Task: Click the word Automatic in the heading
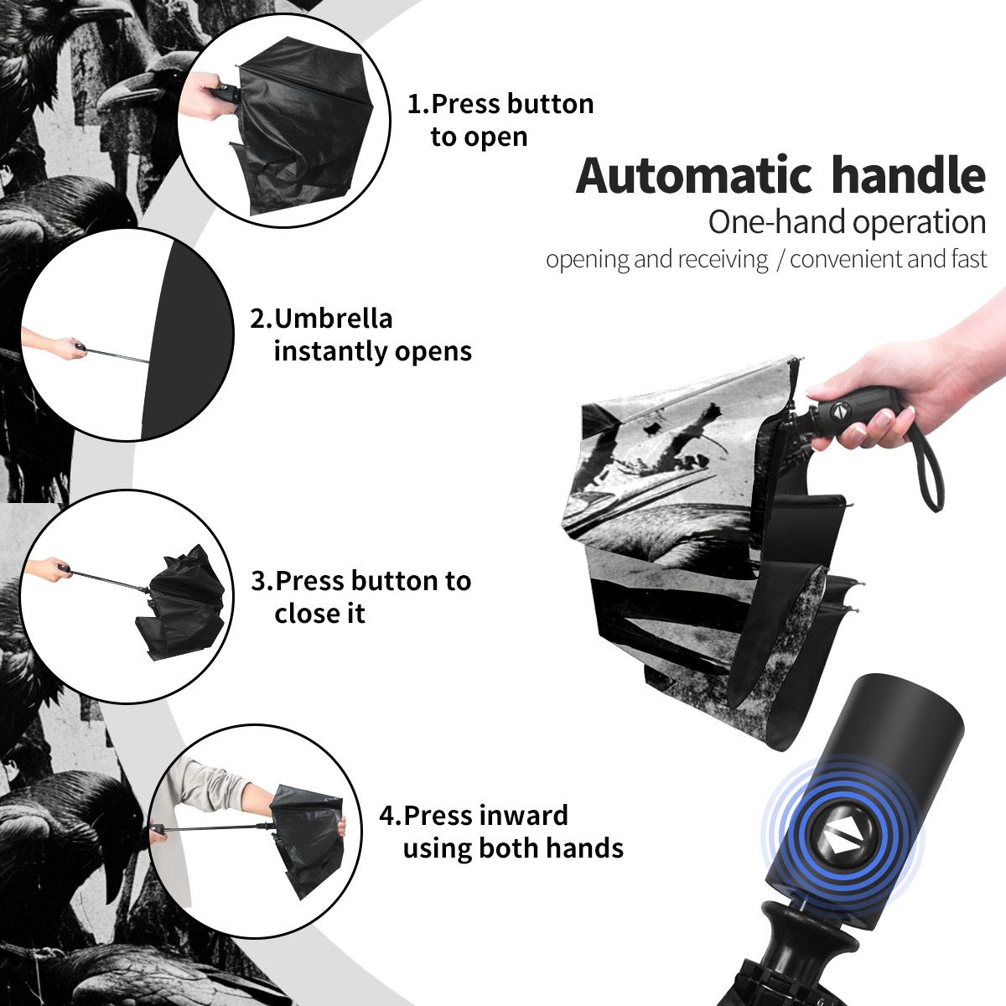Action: point(694,176)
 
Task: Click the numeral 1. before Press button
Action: point(418,104)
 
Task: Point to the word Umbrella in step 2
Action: point(333,319)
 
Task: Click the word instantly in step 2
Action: point(331,351)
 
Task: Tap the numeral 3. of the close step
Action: point(262,581)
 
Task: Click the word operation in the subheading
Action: point(920,223)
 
